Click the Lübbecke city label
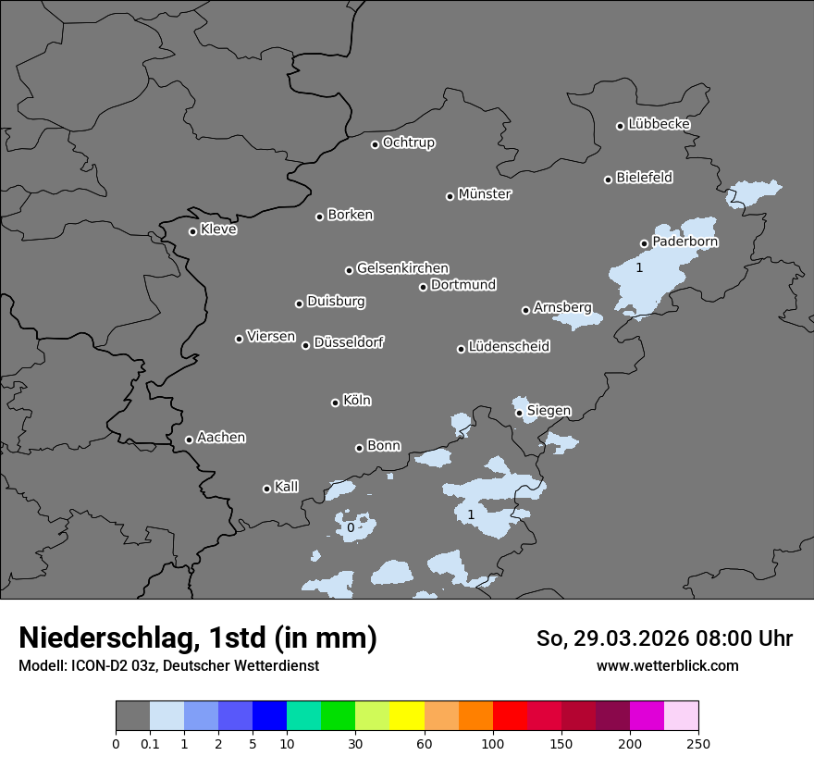(x=659, y=124)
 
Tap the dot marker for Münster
(x=450, y=196)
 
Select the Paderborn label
(x=684, y=242)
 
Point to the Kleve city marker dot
(x=192, y=231)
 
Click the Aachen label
(x=221, y=437)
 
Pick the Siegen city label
(x=549, y=410)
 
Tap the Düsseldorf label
(x=349, y=342)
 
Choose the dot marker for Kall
(x=266, y=489)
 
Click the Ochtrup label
(x=408, y=142)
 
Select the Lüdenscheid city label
(x=509, y=346)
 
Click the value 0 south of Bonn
(x=350, y=527)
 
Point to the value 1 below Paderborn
(x=638, y=267)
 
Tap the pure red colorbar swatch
(x=510, y=716)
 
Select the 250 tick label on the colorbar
(x=698, y=743)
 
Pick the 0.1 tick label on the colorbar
(x=150, y=743)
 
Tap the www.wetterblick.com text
(x=667, y=665)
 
